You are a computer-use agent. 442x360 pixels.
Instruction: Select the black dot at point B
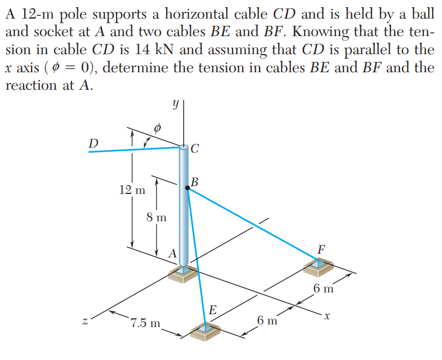(187, 189)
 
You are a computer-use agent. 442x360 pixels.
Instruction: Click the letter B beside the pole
(194, 182)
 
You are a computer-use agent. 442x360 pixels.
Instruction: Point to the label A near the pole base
(173, 253)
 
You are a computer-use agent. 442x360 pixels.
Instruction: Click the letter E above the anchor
(212, 310)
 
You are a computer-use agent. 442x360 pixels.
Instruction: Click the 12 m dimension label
(132, 190)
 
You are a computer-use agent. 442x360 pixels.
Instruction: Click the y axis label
(176, 105)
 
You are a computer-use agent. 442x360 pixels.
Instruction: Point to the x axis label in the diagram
(325, 314)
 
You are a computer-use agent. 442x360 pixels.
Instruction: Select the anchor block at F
(318, 267)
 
